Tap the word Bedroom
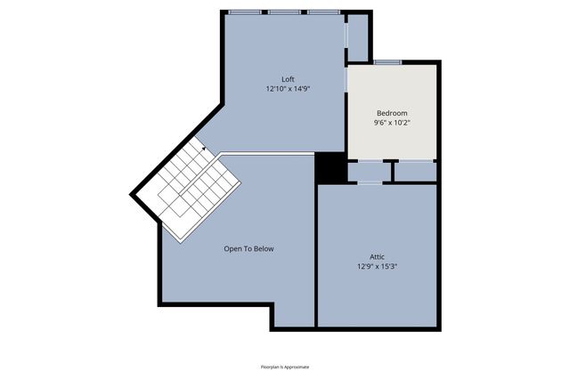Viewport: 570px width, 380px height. pos(392,113)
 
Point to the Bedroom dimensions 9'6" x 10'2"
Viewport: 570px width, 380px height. pos(392,123)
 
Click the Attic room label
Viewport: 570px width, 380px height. pos(377,255)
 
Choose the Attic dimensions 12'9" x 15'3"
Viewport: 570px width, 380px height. pos(377,265)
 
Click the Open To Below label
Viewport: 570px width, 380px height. pos(248,248)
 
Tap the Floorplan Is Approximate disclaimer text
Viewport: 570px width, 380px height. pos(285,367)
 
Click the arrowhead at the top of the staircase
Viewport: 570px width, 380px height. pos(203,150)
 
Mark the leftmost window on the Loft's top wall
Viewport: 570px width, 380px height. pos(245,12)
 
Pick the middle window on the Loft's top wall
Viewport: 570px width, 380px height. pos(284,12)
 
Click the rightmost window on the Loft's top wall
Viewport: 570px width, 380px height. pos(322,12)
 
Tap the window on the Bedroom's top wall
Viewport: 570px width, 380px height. pos(387,62)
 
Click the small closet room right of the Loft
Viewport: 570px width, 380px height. pos(358,37)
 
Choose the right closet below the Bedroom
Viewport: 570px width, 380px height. pos(414,171)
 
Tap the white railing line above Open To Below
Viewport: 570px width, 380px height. pos(267,154)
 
